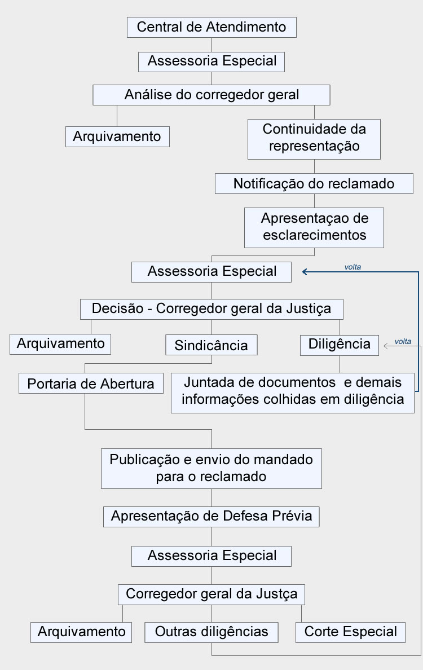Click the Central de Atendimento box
click(x=211, y=27)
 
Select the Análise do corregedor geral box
click(x=211, y=95)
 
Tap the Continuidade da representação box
click(x=314, y=139)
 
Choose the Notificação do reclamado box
click(x=314, y=184)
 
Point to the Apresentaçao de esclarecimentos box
click(x=314, y=228)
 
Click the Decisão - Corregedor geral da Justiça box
click(x=211, y=309)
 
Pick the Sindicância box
click(x=211, y=345)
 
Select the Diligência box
click(x=340, y=345)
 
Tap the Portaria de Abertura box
click(x=91, y=384)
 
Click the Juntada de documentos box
click(x=293, y=393)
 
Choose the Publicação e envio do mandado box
click(x=211, y=468)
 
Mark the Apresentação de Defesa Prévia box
click(x=211, y=517)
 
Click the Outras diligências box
click(x=211, y=632)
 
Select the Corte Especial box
click(x=350, y=632)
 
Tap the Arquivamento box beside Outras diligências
click(x=81, y=632)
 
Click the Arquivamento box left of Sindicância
click(x=60, y=344)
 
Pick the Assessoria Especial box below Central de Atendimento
click(x=211, y=61)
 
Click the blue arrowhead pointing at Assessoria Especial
click(x=304, y=271)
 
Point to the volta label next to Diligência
click(x=403, y=341)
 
